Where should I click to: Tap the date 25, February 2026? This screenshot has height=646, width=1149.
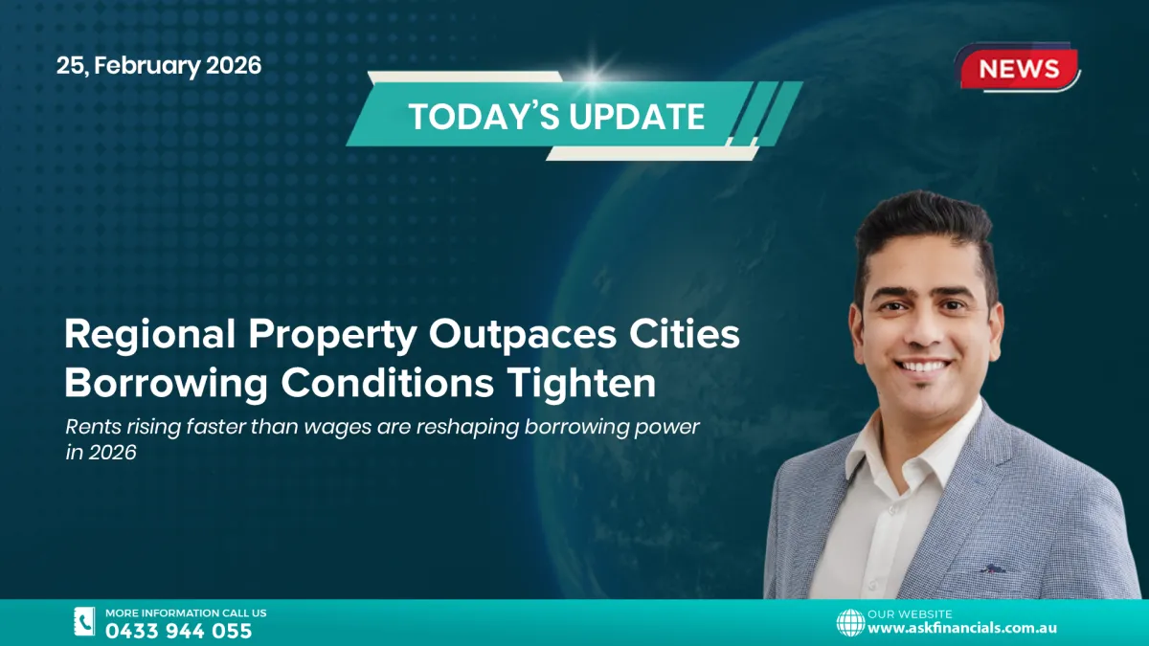click(158, 66)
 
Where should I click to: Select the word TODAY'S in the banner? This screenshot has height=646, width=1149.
click(483, 117)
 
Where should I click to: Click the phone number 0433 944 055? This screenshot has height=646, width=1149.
click(178, 631)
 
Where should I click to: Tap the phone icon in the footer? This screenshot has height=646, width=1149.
click(84, 622)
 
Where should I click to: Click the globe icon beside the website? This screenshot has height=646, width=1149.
click(849, 622)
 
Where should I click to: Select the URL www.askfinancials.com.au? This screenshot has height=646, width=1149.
click(961, 629)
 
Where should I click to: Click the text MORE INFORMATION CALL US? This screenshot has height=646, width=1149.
click(186, 613)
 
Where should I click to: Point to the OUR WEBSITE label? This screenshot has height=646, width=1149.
click(910, 613)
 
